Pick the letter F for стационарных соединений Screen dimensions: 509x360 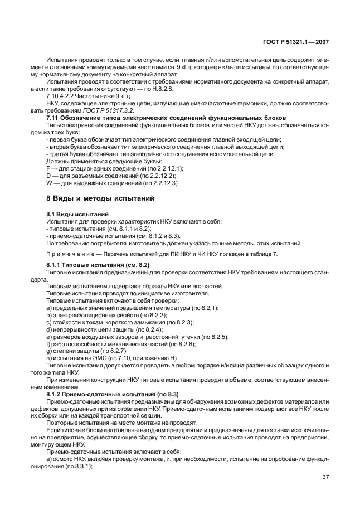coord(48,168)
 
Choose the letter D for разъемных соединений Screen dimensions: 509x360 coord(48,175)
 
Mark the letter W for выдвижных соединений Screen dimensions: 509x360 coord(49,182)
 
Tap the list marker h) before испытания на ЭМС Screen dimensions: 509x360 coord(49,358)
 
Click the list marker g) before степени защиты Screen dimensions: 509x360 coord(49,351)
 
